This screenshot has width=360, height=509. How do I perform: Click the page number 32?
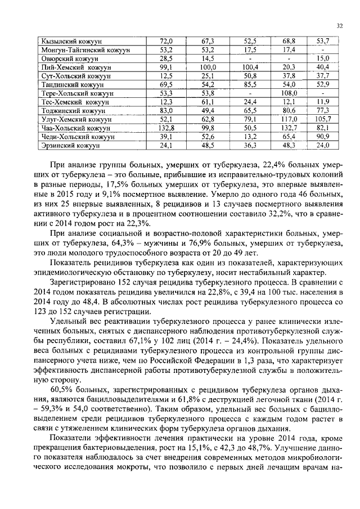(x=339, y=25)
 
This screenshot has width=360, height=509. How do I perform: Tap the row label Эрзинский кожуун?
(x=70, y=145)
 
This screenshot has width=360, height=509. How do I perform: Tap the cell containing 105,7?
(x=322, y=119)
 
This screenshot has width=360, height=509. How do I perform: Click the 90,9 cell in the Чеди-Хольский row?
(x=322, y=137)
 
